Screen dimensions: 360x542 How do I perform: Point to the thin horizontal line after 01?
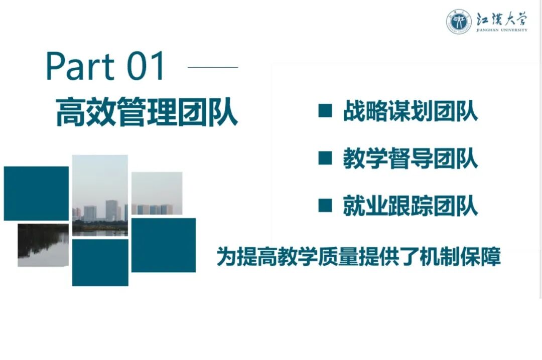213,67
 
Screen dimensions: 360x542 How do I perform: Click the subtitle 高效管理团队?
146,113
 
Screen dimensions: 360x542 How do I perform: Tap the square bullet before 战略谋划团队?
325,111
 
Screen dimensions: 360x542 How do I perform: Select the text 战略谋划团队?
411,111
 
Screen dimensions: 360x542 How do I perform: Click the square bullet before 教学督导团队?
325,158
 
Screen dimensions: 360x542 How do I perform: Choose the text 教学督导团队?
411,159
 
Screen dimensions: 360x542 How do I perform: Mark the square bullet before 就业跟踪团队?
325,206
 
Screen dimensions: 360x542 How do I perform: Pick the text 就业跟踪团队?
411,206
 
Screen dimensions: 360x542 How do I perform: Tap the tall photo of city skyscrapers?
100,195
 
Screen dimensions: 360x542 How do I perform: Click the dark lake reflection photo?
43,245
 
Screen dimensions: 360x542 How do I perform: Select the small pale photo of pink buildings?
157,194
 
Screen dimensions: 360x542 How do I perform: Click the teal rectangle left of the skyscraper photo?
36,194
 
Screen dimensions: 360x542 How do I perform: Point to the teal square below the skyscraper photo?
100,263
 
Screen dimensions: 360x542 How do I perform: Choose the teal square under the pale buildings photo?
164,245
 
